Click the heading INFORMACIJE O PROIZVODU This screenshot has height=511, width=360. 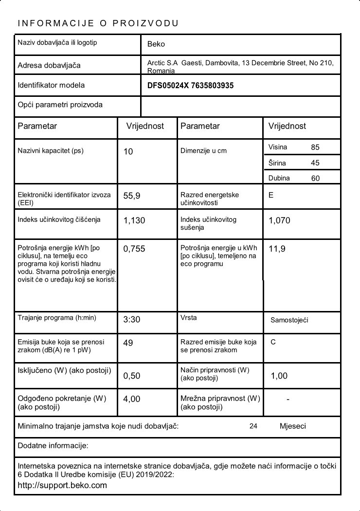[x=98, y=23]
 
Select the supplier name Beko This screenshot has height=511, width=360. [x=156, y=44]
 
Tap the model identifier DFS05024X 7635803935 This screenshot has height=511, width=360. [x=190, y=86]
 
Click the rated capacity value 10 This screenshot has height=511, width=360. [x=128, y=152]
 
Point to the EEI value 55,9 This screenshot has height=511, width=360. [x=132, y=196]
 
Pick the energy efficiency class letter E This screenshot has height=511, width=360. [x=271, y=195]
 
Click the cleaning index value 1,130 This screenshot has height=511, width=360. [x=134, y=220]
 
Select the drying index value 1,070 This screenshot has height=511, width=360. [x=279, y=220]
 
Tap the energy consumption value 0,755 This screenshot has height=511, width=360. [x=134, y=249]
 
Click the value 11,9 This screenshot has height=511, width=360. [x=277, y=249]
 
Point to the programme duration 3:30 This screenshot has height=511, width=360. [x=132, y=320]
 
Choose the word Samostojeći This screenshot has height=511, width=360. [x=289, y=320]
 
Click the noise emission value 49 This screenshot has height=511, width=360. [x=128, y=343]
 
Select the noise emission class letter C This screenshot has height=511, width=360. [x=273, y=342]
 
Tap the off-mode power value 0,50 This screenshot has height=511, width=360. [x=132, y=376]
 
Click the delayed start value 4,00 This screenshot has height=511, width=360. [x=132, y=399]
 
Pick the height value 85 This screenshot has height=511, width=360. [x=315, y=147]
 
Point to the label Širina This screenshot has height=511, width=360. [x=277, y=163]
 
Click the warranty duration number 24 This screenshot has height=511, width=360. [x=253, y=426]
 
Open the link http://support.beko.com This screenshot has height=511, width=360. [x=62, y=485]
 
